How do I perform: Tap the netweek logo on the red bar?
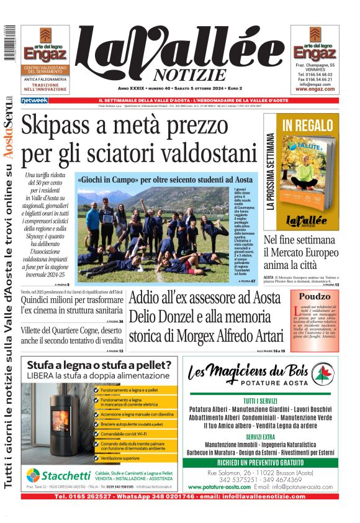click(34, 100)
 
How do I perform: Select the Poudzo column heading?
click(315, 297)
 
